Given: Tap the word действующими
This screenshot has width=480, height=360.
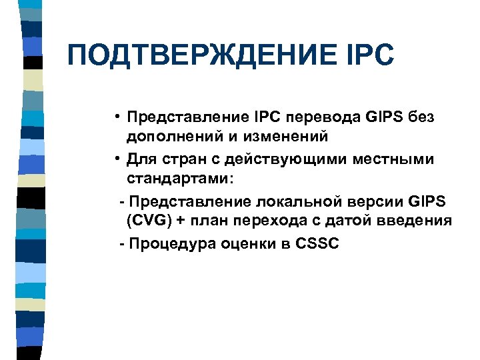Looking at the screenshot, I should [x=281, y=159].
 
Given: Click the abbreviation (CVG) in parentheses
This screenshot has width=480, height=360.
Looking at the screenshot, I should [x=148, y=222].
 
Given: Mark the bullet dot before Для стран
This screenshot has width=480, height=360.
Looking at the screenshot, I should [x=116, y=159].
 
